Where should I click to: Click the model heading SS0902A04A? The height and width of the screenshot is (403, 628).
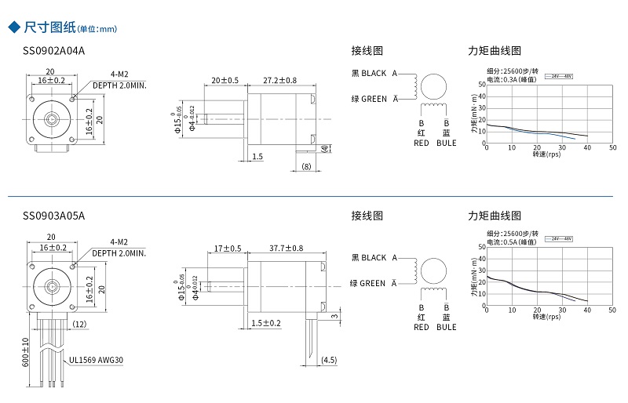[x=53, y=51]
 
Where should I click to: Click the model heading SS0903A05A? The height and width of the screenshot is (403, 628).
[x=53, y=215]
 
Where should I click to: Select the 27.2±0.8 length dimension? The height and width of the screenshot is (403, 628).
[x=280, y=81]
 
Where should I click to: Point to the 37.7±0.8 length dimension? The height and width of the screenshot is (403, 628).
[x=286, y=249]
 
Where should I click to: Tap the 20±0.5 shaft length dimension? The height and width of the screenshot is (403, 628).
[x=225, y=81]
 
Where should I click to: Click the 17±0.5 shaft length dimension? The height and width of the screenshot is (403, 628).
[x=226, y=249]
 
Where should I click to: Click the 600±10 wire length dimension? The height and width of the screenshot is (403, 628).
[x=25, y=352]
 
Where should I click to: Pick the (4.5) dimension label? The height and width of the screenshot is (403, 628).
[x=330, y=361]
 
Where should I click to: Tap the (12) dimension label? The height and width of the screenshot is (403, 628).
[x=79, y=324]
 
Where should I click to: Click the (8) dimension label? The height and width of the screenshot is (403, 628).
[x=307, y=166]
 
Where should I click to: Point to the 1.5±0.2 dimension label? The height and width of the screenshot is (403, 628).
[x=266, y=323]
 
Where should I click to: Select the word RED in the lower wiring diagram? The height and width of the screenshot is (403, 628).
[x=422, y=327]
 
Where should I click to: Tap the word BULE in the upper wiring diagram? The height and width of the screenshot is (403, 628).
[x=446, y=143]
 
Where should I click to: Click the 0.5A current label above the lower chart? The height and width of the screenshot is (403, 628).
[x=512, y=242]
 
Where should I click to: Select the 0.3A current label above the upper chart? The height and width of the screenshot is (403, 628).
[x=512, y=78]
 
